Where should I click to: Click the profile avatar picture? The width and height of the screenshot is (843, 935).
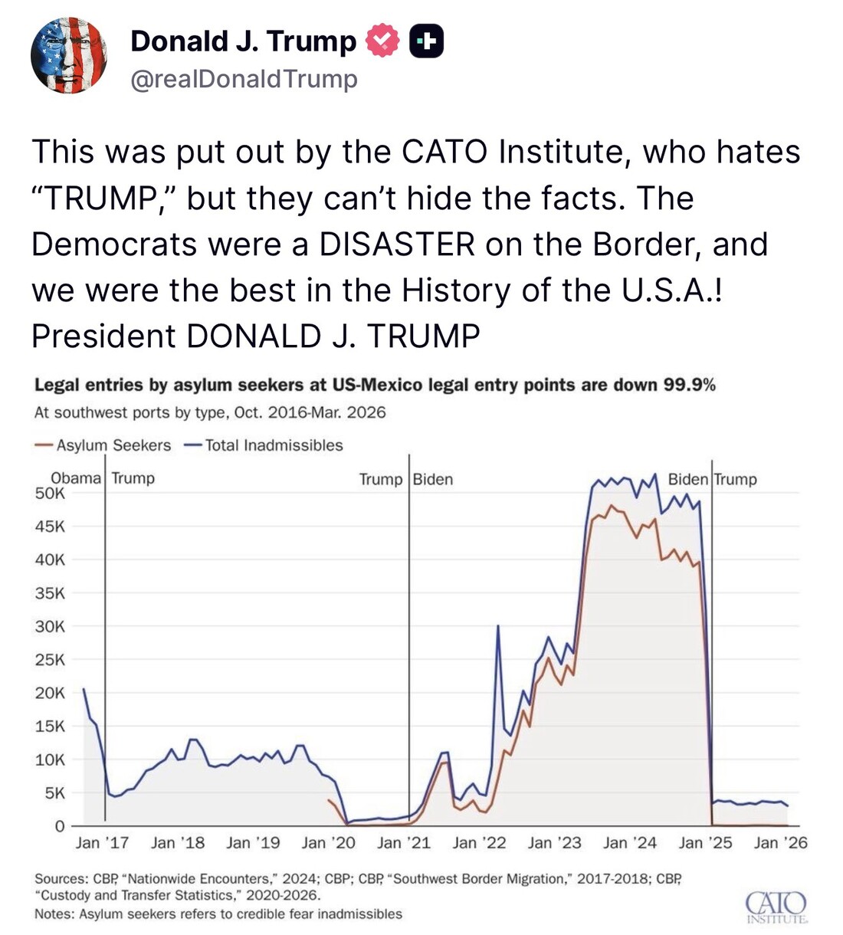point(68,56)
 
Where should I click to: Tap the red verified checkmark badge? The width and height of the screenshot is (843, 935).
point(382,41)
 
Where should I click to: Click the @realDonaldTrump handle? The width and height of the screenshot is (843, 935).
point(244,79)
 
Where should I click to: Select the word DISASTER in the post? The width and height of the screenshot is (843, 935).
point(398,244)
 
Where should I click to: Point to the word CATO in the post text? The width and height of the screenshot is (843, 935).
point(444,152)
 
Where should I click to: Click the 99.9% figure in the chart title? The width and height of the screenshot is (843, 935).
point(689,385)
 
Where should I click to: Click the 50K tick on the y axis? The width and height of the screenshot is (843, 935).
point(50,494)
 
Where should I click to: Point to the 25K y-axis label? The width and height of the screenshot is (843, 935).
point(50,660)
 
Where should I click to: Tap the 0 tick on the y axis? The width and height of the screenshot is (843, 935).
point(59,826)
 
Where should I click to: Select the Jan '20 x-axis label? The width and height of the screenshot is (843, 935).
point(328,843)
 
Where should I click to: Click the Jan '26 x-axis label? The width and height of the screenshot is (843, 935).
point(780,843)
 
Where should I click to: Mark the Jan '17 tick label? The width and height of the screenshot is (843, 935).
point(102,843)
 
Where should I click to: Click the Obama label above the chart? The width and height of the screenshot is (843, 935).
point(75,478)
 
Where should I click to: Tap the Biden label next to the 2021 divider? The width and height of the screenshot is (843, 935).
point(433,480)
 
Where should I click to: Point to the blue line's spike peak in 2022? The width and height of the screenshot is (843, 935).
point(499,626)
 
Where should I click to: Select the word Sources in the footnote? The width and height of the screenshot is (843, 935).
point(61,879)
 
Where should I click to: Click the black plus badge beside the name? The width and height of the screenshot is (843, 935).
point(426,41)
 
